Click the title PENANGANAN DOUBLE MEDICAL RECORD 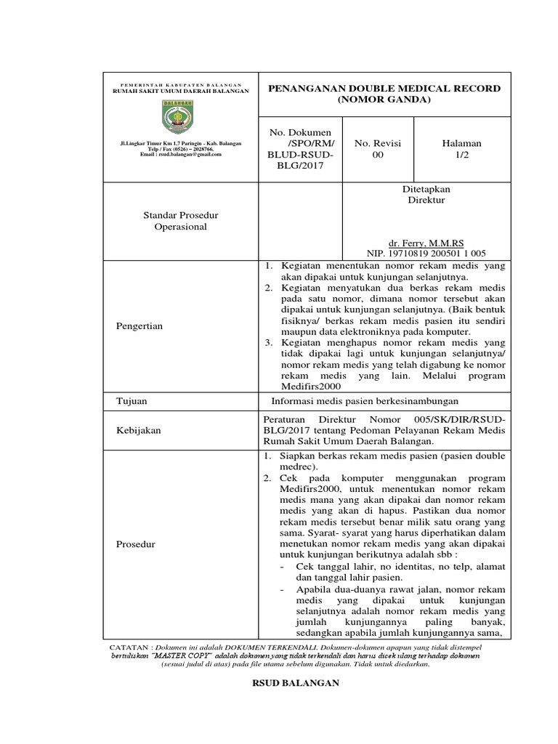(385, 88)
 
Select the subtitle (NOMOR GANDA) (385, 100)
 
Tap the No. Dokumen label (300, 133)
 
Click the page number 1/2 (462, 155)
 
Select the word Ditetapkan (426, 189)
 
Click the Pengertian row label (139, 326)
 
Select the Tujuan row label (132, 401)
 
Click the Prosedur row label (135, 544)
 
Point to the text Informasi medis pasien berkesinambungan (365, 401)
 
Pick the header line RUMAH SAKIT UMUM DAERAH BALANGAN (180, 91)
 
